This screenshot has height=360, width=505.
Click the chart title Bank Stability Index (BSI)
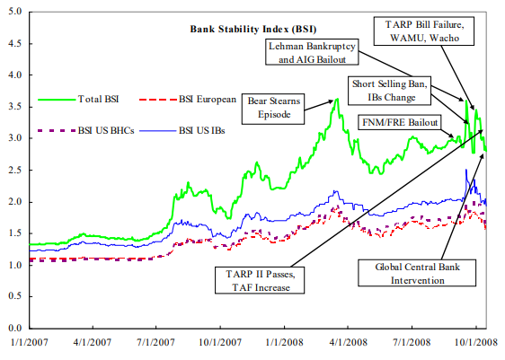pos(253,30)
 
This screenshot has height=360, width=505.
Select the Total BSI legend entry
pos(78,99)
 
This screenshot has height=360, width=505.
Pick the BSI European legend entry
pos(188,99)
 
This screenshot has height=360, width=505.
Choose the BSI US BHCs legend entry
pos(86,130)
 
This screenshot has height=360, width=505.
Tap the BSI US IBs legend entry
pos(182,130)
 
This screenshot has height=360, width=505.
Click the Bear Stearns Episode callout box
pos(273,109)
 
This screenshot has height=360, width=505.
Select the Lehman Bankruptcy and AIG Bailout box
pos(312,52)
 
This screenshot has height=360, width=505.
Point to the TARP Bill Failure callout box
pos(424,31)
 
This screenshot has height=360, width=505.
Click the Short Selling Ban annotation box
pos(389,91)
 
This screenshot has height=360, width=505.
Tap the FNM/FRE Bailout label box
pos(400,122)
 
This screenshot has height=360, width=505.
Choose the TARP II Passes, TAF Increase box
pos(260,280)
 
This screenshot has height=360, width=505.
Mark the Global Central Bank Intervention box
pos(417,273)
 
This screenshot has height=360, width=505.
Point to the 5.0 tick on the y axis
pos(15,12)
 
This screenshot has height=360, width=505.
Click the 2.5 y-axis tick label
pos(15,170)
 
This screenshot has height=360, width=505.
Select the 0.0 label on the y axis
pos(15,329)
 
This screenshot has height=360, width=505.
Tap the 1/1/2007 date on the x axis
pos(30,342)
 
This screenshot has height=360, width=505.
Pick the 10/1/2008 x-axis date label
pos(476,342)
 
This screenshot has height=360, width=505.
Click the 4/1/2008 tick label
pos(348,342)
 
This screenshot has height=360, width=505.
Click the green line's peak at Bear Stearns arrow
pos(337,99)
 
